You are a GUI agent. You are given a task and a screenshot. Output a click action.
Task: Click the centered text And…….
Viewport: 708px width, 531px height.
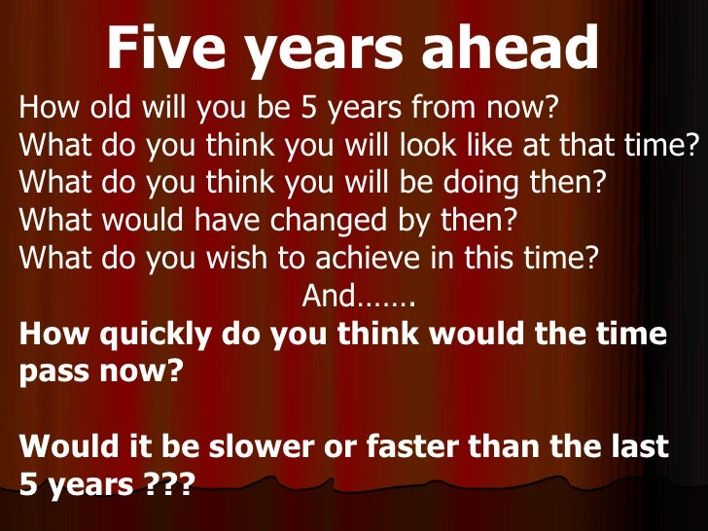pos(360,296)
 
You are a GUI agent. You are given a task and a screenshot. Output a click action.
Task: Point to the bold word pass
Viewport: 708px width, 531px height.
pos(56,372)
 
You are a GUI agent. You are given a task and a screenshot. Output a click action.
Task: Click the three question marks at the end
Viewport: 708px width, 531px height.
pos(164,483)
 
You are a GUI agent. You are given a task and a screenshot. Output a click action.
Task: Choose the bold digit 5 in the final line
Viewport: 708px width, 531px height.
pos(28,483)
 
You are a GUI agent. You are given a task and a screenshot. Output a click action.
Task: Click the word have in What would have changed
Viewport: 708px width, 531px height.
pos(223,221)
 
